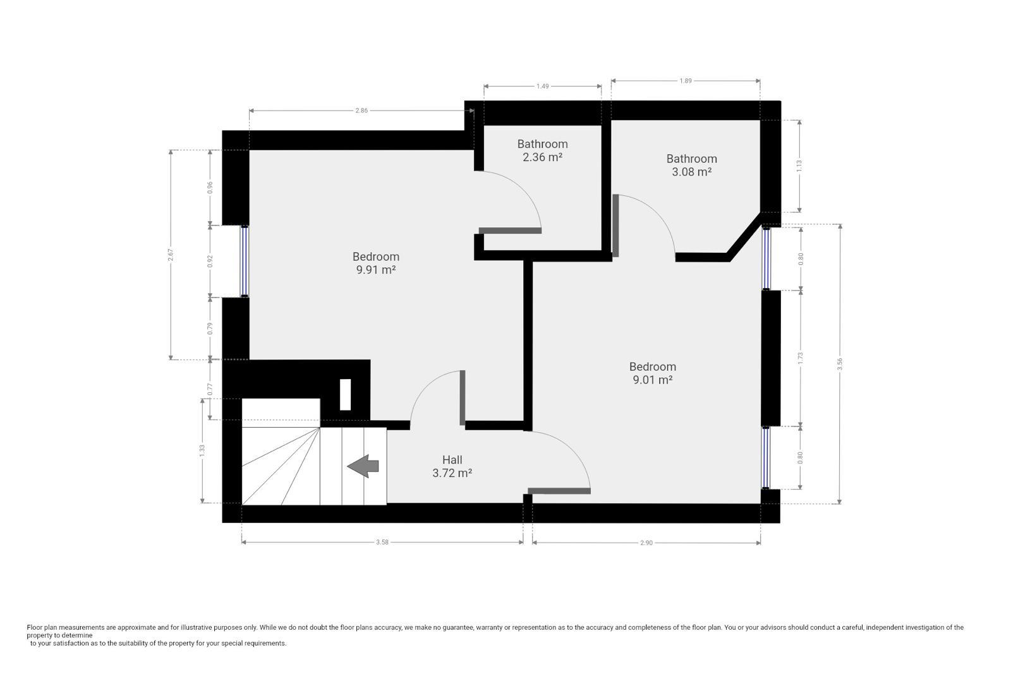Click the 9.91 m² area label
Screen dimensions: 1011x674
376,270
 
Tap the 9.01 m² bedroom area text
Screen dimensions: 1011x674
653,380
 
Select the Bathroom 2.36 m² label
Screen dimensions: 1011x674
543,151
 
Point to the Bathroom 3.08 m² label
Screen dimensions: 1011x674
692,165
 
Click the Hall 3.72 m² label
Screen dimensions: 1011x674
452,466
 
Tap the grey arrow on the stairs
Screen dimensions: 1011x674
363,466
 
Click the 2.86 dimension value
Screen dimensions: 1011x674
361,111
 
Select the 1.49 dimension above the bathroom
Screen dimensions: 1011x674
543,86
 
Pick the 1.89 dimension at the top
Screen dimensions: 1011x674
686,81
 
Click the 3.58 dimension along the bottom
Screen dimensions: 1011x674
382,542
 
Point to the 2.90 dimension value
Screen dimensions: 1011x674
646,543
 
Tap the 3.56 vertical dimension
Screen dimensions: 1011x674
840,364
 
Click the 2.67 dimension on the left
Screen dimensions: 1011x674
171,255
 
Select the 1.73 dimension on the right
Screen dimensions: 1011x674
800,358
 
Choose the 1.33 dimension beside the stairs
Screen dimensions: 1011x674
202,450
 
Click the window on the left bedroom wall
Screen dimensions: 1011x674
244,262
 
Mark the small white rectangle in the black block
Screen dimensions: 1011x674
345,395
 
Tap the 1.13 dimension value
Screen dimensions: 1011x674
799,166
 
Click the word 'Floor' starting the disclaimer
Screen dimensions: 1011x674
34,627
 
